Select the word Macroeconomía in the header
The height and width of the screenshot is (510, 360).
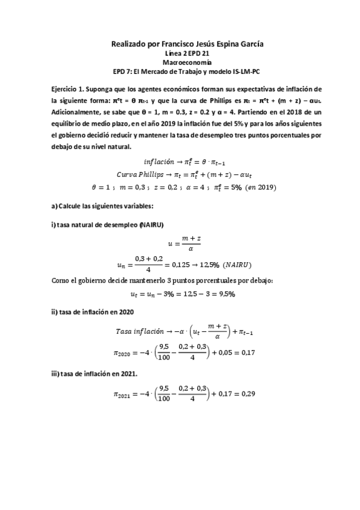click(180, 61)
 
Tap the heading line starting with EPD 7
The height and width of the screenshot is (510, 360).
click(180, 70)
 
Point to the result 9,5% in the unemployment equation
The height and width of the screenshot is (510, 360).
click(223, 294)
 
